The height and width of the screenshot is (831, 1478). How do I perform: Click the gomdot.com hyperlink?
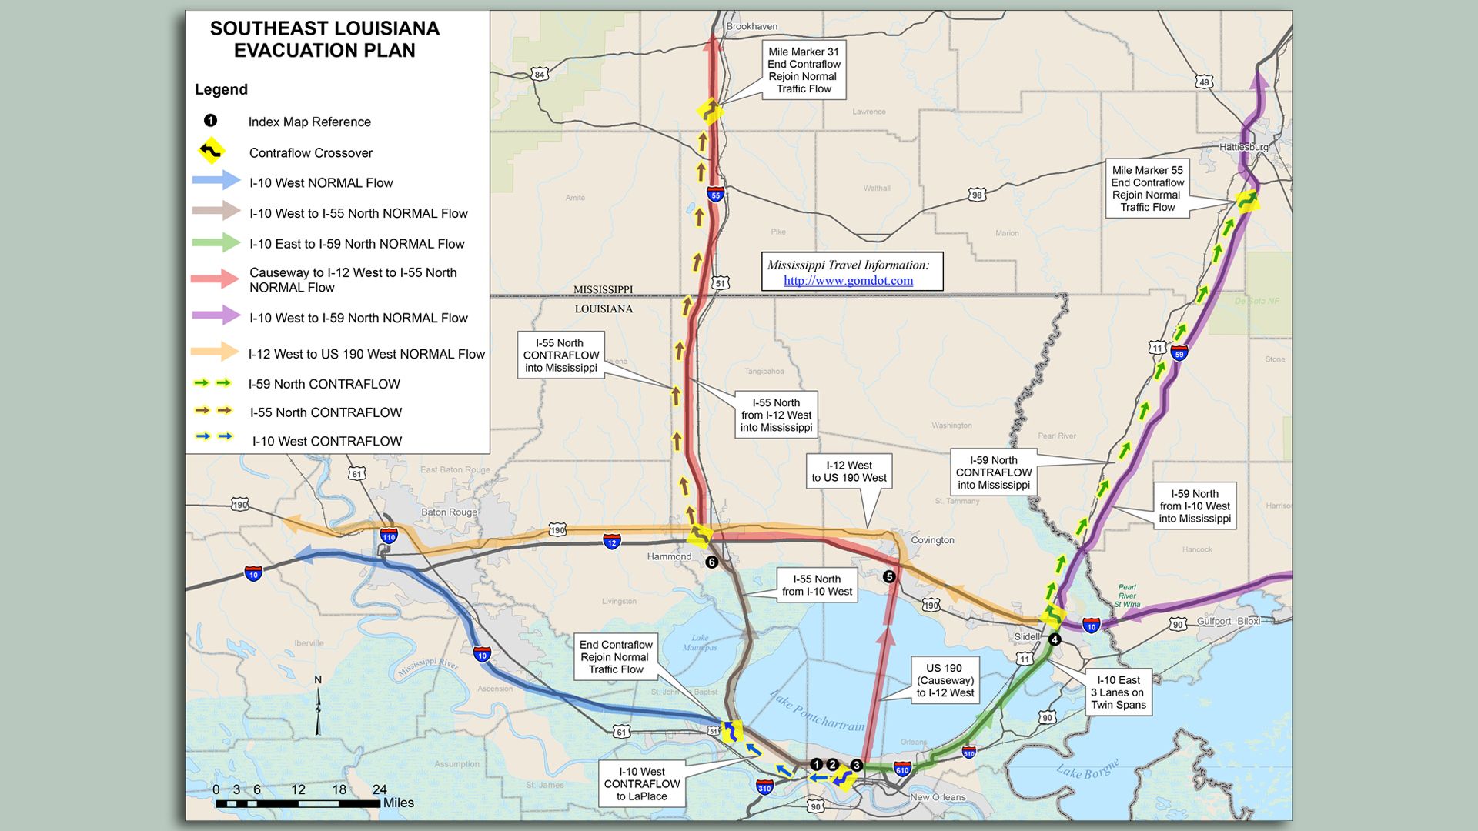pyautogui.click(x=848, y=281)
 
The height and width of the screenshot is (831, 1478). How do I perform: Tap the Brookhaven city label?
pyautogui.click(x=751, y=26)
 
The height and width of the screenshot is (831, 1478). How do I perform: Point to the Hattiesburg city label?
pyautogui.click(x=1243, y=147)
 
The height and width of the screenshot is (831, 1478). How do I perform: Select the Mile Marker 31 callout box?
pyautogui.click(x=804, y=70)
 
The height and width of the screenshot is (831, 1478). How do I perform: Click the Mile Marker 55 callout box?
pyautogui.click(x=1147, y=189)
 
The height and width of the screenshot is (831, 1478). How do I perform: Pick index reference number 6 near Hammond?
pyautogui.click(x=711, y=562)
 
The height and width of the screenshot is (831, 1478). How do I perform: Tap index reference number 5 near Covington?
pyautogui.click(x=889, y=576)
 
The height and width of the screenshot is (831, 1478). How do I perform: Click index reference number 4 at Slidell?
pyautogui.click(x=1055, y=639)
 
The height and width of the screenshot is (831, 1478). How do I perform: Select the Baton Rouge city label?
pyautogui.click(x=449, y=512)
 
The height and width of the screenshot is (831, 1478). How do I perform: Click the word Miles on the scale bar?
pyautogui.click(x=398, y=803)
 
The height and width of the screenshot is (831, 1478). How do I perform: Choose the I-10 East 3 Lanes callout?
pyautogui.click(x=1118, y=692)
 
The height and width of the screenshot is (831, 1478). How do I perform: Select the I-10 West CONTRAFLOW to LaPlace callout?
pyautogui.click(x=641, y=784)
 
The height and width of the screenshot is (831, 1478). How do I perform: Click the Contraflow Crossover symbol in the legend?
pyautogui.click(x=211, y=151)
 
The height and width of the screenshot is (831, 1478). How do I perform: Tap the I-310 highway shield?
pyautogui.click(x=764, y=787)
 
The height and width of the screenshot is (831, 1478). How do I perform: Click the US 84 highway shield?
pyautogui.click(x=540, y=75)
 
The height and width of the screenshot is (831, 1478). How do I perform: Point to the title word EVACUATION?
pyautogui.click(x=324, y=51)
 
